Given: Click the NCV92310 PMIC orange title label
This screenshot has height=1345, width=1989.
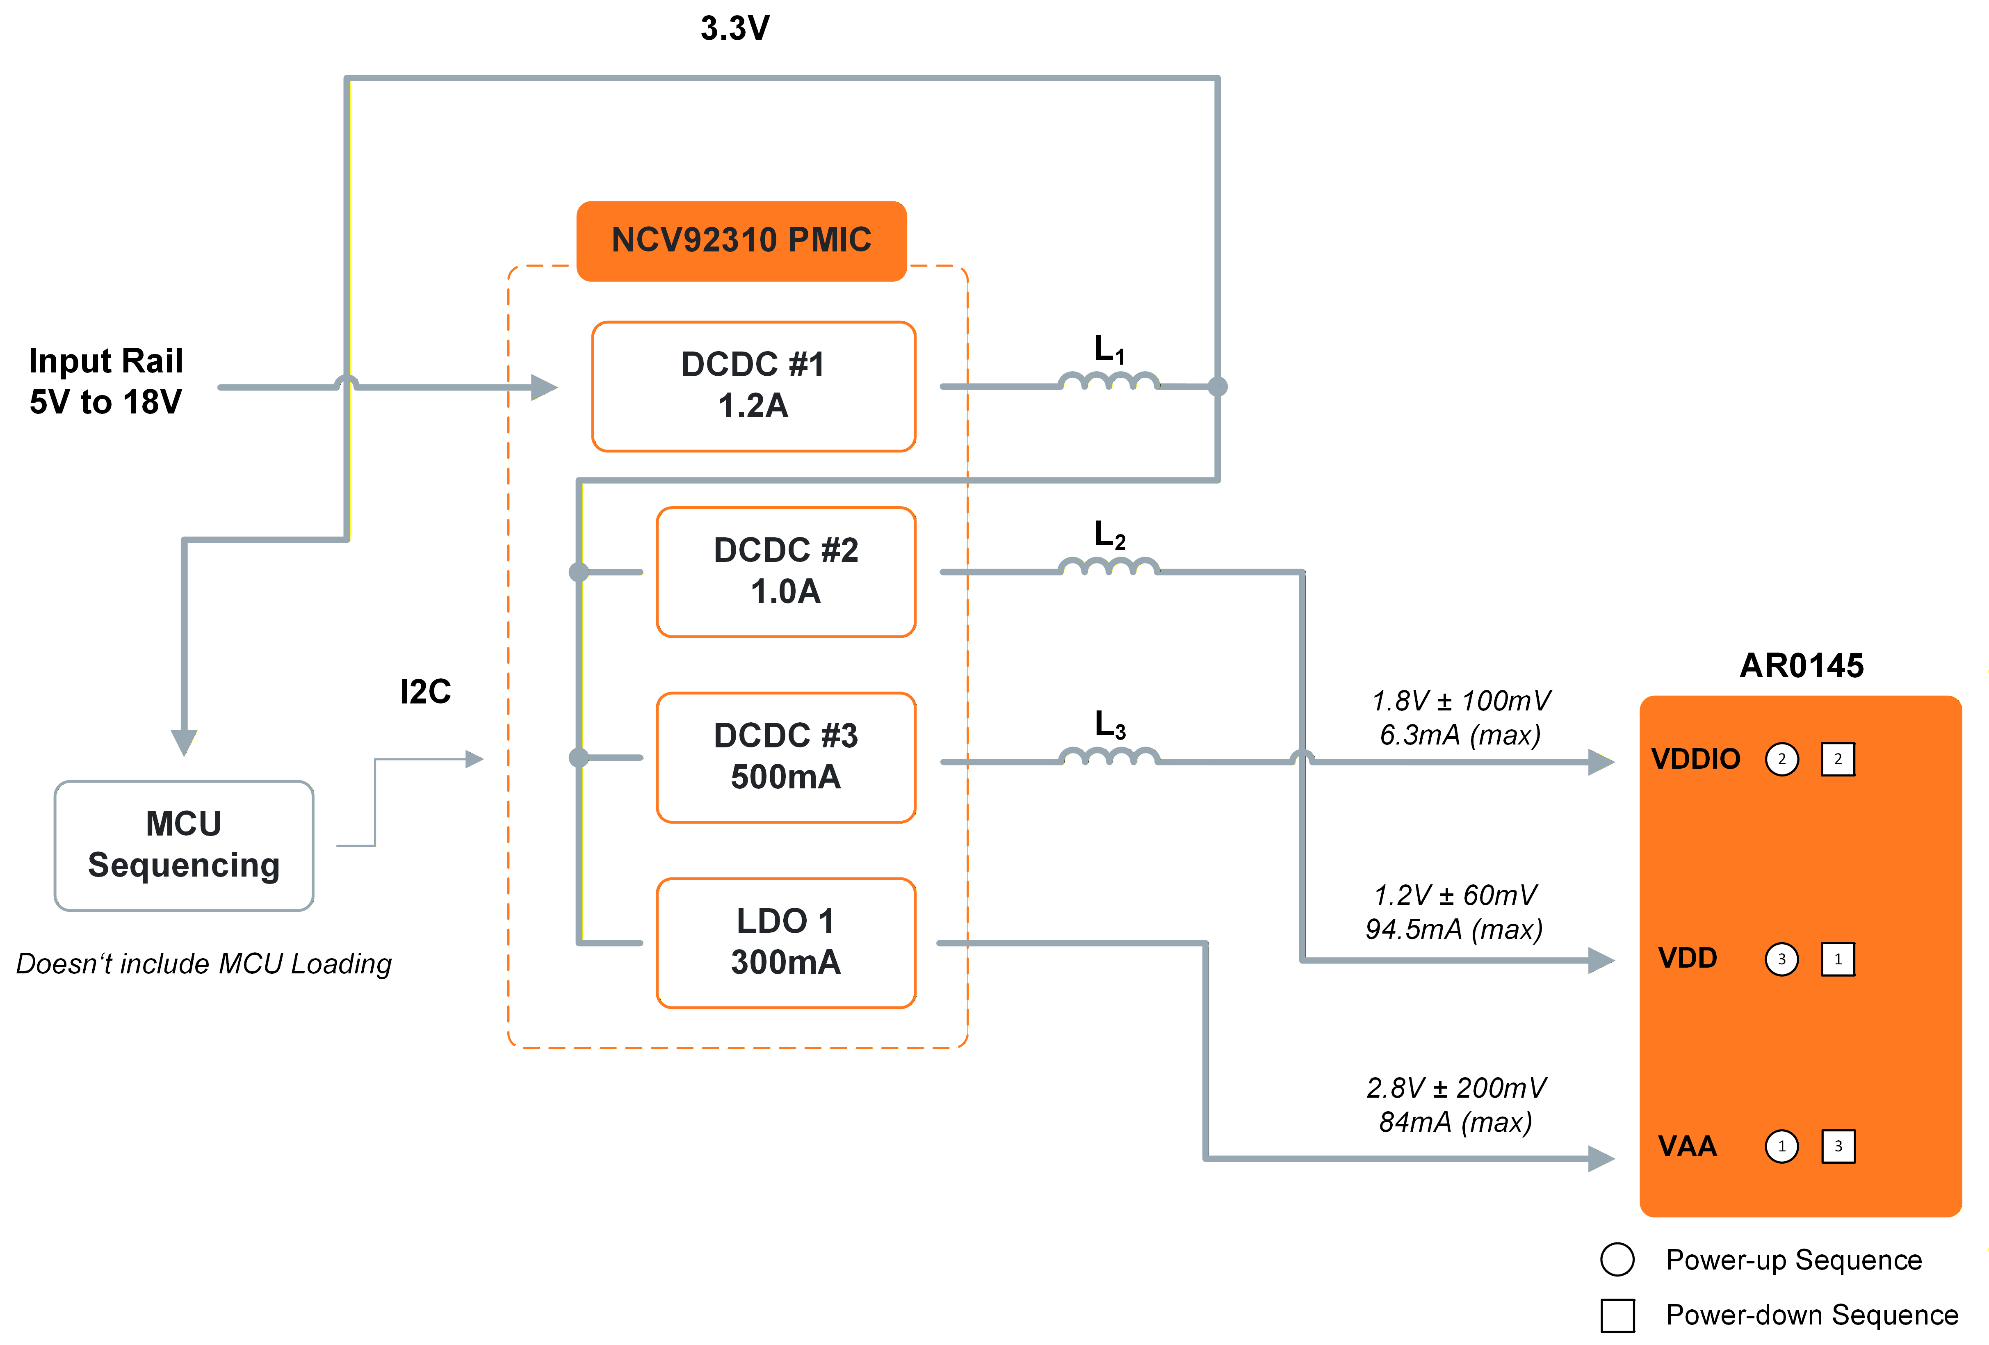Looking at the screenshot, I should [x=741, y=241].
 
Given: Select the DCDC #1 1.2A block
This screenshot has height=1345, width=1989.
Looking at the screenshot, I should [x=753, y=386].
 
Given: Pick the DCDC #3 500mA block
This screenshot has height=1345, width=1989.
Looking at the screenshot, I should [x=786, y=757].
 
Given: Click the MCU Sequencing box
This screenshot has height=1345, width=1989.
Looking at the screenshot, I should [x=184, y=845].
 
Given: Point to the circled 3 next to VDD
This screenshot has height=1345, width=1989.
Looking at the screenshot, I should [x=1782, y=959].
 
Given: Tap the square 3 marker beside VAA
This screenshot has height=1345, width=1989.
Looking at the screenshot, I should [x=1838, y=1146].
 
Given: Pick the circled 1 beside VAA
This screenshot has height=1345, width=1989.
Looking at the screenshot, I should [x=1782, y=1146].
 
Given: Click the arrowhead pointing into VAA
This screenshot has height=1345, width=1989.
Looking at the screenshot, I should [x=1601, y=1158].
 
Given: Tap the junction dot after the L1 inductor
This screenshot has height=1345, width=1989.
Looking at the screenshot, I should [x=1217, y=386].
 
